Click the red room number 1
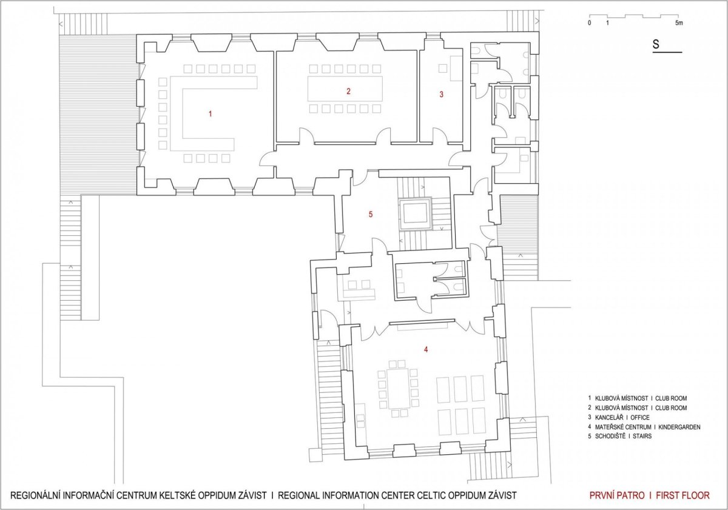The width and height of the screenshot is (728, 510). pyautogui.click(x=211, y=113)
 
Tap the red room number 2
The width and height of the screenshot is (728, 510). pyautogui.click(x=348, y=92)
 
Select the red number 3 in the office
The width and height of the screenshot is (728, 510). pyautogui.click(x=442, y=95)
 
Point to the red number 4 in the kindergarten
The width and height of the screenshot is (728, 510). pyautogui.click(x=426, y=349)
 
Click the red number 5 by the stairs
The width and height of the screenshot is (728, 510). pyautogui.click(x=371, y=215)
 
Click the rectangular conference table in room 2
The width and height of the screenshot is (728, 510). pyautogui.click(x=345, y=89)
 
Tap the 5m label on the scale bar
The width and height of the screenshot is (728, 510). pyautogui.click(x=679, y=23)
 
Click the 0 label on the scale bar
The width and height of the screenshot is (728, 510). pyautogui.click(x=590, y=23)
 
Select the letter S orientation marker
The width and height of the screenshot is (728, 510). pyautogui.click(x=656, y=44)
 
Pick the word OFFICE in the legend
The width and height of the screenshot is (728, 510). pyautogui.click(x=640, y=417)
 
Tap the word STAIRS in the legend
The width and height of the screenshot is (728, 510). pyautogui.click(x=642, y=436)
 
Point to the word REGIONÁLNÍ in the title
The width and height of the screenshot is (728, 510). pyautogui.click(x=35, y=495)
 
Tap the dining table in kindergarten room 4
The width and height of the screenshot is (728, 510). pyautogui.click(x=398, y=389)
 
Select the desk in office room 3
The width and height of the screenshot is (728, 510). pyautogui.click(x=456, y=68)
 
